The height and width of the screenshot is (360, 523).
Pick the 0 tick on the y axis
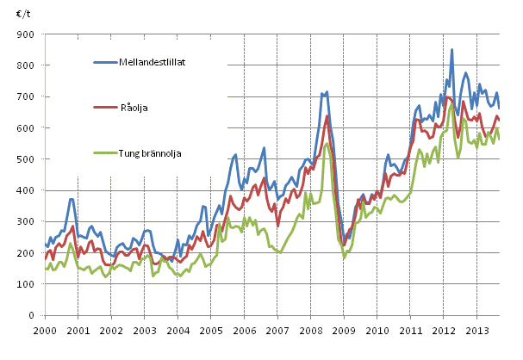point(32,316)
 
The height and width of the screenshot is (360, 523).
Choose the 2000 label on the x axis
point(45,331)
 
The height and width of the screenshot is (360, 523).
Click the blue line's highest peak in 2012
point(451,50)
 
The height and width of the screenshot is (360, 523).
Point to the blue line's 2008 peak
point(327,91)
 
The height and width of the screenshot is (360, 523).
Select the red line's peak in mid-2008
point(327,115)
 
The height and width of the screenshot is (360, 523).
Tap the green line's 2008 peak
point(327,143)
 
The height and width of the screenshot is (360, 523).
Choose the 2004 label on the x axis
point(177,331)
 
